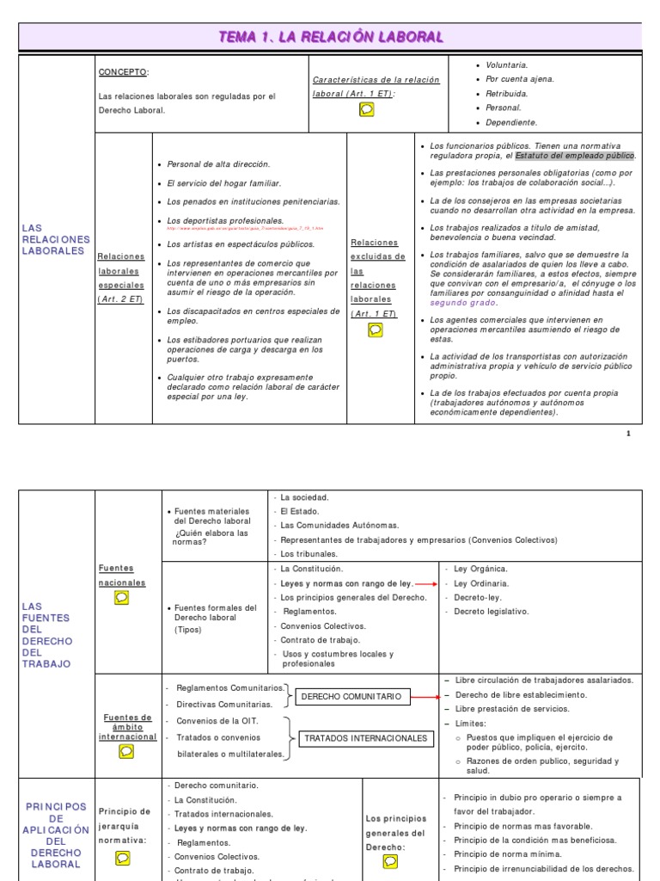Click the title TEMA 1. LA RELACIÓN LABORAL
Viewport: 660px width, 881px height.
coord(330,36)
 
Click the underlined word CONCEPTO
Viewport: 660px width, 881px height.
coord(123,72)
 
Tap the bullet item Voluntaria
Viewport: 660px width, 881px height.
coord(507,65)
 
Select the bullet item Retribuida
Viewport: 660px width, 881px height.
coord(507,93)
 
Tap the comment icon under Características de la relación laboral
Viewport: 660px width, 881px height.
coord(366,108)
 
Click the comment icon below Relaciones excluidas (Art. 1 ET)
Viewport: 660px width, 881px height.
coord(376,330)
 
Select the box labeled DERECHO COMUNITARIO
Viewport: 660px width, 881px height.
coord(351,696)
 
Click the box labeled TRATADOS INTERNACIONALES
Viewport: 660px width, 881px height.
coord(365,738)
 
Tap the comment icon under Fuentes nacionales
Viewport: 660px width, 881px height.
coord(121,598)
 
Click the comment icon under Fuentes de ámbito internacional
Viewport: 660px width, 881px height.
coord(126,751)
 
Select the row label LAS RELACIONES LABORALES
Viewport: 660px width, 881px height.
coord(55,239)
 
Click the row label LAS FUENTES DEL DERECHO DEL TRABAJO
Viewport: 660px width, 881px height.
coord(47,635)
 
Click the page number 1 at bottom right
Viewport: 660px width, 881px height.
coord(628,434)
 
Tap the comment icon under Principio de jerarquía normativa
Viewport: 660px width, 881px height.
coord(123,858)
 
